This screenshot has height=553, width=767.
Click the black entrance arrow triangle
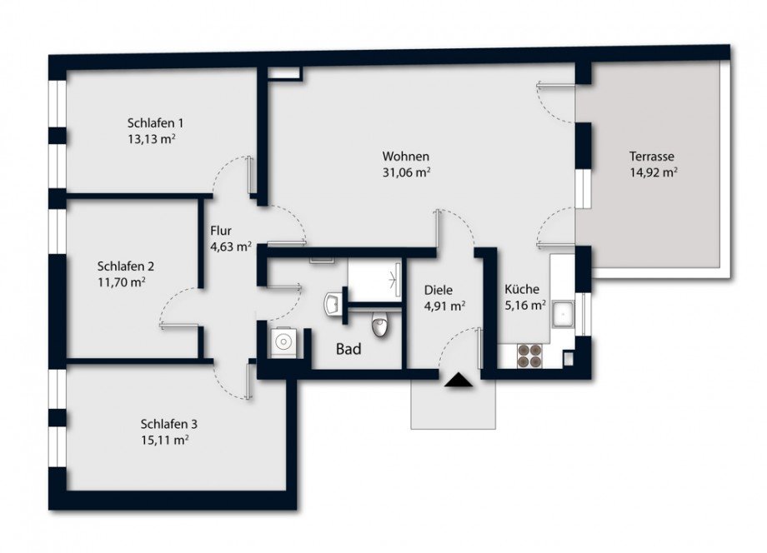(x=459, y=380)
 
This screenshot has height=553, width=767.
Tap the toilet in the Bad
(x=379, y=324)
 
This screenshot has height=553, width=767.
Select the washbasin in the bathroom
(x=332, y=305)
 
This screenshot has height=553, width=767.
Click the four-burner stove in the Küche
(x=529, y=356)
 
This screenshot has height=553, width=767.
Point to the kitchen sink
(x=563, y=314)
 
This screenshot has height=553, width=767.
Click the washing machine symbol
(x=283, y=341)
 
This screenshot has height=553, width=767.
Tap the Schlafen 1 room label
(x=155, y=122)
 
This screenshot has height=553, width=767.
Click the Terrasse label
(x=652, y=157)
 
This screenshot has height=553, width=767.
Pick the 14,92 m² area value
(x=654, y=172)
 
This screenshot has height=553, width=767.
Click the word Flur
(x=221, y=231)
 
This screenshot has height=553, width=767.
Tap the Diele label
(x=439, y=290)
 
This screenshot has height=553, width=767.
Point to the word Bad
(x=348, y=349)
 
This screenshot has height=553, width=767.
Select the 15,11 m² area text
(x=165, y=440)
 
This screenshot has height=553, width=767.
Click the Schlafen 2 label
(x=126, y=267)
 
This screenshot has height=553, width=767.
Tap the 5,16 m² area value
(x=525, y=306)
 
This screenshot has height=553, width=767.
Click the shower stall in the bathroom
(x=374, y=280)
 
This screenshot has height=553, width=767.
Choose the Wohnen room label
(x=406, y=157)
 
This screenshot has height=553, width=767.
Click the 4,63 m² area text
(x=231, y=247)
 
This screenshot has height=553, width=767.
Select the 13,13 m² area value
(x=152, y=139)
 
